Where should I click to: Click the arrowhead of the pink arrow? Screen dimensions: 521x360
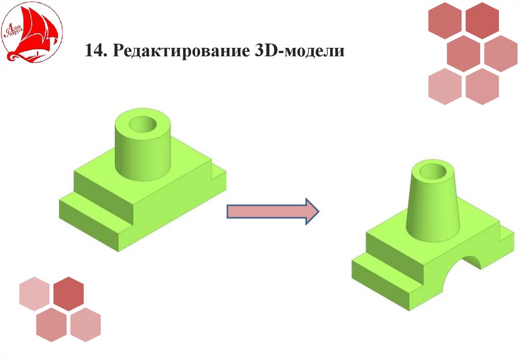click(310, 211)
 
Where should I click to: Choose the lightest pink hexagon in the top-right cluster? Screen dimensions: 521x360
click(445, 85)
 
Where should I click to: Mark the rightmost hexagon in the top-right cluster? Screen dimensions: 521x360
click(501, 52)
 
